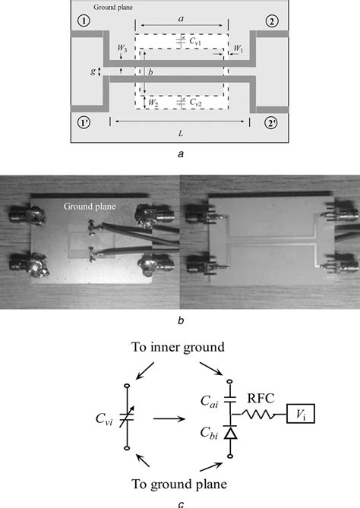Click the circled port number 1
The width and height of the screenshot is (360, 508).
point(83,21)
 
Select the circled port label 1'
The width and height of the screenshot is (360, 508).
point(84,122)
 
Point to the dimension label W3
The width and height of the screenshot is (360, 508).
point(122,50)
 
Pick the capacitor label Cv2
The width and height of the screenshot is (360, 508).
point(194,100)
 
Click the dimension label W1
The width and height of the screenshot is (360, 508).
point(238,49)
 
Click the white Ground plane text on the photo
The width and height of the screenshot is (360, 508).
point(90,205)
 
